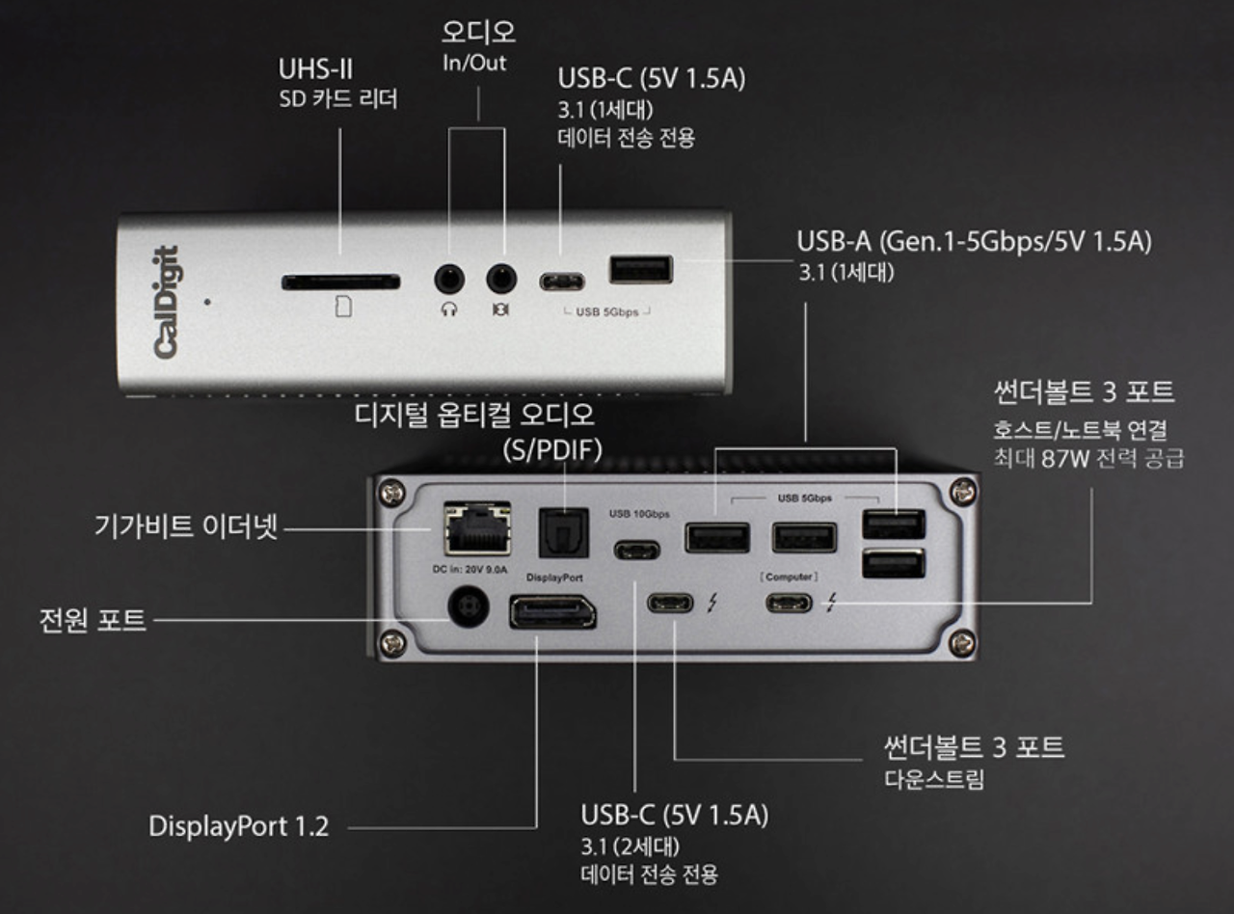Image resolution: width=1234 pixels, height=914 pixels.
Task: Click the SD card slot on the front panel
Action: click(x=340, y=282)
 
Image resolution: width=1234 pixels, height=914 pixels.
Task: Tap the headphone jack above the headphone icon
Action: click(x=449, y=279)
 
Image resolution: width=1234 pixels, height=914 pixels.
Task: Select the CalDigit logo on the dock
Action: click(x=167, y=302)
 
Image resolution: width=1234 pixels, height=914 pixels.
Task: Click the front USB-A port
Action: click(x=641, y=269)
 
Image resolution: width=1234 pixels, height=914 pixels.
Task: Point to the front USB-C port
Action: click(x=562, y=282)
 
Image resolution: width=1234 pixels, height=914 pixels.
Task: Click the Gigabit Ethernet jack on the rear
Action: click(x=477, y=528)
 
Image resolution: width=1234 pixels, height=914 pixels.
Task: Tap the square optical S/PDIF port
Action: click(x=564, y=533)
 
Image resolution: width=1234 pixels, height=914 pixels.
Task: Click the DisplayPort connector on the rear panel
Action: click(x=552, y=612)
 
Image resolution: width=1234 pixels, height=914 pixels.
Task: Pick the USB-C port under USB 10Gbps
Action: click(x=637, y=551)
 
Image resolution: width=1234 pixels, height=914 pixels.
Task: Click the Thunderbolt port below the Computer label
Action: click(x=789, y=603)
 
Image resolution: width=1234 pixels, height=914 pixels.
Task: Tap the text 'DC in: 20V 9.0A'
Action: click(x=469, y=570)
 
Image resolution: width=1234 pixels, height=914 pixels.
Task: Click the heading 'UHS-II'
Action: click(x=315, y=69)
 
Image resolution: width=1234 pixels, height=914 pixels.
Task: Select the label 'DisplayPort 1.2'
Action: click(x=239, y=826)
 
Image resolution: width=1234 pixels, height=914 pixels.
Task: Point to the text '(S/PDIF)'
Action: click(x=552, y=449)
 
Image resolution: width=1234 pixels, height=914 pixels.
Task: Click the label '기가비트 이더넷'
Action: click(x=186, y=526)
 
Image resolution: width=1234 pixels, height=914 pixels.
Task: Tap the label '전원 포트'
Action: click(x=93, y=620)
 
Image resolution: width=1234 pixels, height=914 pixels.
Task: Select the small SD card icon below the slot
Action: click(x=343, y=307)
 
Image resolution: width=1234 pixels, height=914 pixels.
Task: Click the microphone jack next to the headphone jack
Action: click(x=501, y=279)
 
